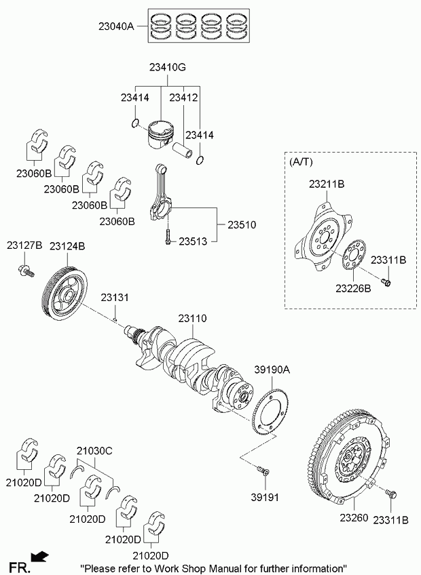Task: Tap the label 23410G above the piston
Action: [163, 68]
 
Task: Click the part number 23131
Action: [115, 298]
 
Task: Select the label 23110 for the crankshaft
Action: [193, 318]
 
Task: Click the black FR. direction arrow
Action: [41, 557]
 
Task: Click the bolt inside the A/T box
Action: [386, 282]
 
